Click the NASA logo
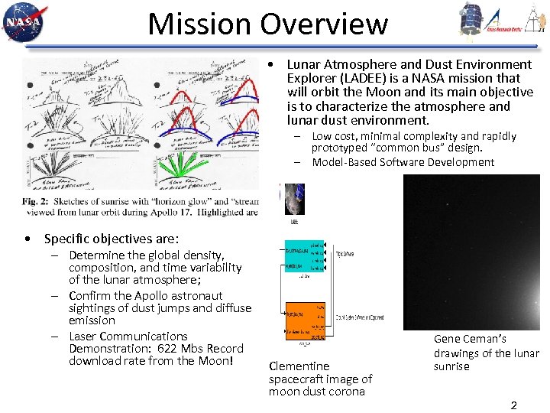point(24,22)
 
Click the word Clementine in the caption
point(299,366)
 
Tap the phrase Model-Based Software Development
point(403,162)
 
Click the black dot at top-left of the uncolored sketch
point(28,83)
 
